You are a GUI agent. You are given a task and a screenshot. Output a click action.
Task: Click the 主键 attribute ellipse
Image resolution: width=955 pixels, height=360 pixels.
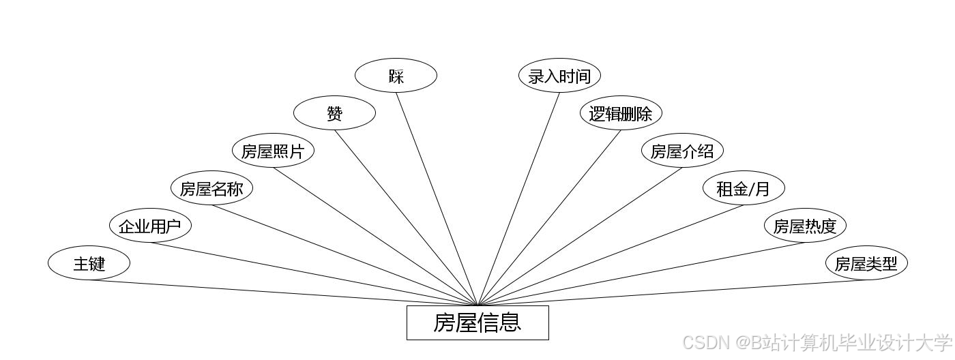89,263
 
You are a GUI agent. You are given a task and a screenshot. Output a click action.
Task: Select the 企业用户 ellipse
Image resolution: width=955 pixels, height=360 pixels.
150,226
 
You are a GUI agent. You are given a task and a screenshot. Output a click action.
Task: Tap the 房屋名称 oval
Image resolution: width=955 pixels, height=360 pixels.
211,188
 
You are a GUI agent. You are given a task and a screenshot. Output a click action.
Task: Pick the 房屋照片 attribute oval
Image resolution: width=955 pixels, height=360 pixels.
273,151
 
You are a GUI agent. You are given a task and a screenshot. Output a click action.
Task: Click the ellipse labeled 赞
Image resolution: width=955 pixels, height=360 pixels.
334,113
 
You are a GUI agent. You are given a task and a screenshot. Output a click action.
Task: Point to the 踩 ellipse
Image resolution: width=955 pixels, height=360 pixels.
396,76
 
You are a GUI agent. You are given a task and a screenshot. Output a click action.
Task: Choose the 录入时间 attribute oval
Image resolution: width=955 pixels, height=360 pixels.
559,76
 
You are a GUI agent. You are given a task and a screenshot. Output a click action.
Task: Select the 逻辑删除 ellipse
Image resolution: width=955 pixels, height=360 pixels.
621,113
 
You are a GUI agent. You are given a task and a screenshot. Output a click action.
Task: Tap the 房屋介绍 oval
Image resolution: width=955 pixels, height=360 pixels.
682,151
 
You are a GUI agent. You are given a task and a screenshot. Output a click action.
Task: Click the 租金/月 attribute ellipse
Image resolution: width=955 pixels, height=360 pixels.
744,188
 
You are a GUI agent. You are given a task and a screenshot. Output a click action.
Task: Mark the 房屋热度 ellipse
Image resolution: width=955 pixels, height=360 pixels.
805,226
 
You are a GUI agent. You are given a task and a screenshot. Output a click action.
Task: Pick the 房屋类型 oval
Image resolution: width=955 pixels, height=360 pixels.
866,263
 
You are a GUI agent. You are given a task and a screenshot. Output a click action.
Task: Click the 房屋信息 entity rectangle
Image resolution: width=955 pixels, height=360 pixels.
477,322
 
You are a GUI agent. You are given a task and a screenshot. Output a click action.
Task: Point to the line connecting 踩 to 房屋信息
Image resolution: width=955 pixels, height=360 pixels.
437,198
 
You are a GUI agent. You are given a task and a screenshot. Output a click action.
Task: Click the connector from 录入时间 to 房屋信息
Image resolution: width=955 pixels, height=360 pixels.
518,198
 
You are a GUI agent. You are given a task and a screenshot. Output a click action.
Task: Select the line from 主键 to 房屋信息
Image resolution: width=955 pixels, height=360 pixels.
283,292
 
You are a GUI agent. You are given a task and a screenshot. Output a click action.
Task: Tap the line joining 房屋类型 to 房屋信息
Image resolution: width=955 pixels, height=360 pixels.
672,292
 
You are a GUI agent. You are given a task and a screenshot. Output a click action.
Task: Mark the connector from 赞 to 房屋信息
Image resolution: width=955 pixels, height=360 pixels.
406,217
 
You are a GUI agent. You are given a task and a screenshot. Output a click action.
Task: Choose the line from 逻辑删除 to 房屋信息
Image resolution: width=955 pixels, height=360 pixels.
549,217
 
